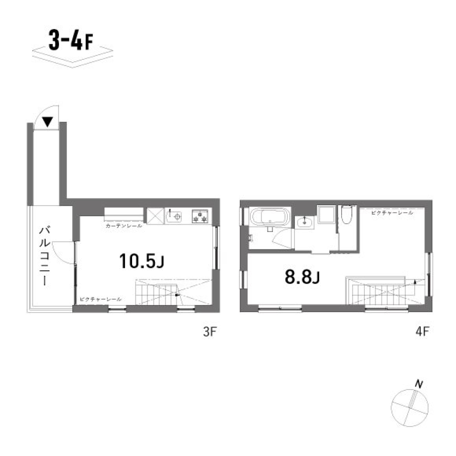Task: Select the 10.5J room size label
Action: [141, 261]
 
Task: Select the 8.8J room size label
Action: [301, 276]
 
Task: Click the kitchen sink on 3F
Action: [174, 216]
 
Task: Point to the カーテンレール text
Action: [123, 227]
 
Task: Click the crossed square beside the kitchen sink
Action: [154, 216]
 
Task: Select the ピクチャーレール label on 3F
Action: [101, 299]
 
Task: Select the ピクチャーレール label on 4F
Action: [392, 213]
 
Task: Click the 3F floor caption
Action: [209, 332]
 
